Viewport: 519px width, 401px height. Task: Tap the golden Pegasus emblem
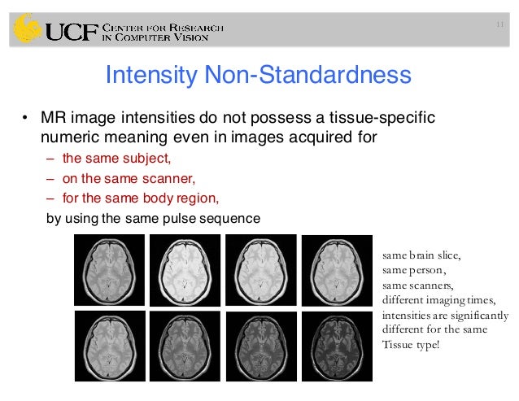point(26,29)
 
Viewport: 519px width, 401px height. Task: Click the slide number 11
point(499,24)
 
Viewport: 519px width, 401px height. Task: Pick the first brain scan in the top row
point(109,269)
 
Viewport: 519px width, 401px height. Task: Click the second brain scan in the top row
point(185,269)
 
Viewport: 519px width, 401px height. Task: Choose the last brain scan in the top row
point(336,269)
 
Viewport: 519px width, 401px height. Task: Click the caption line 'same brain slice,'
point(426,256)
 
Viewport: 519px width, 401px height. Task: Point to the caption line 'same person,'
point(414,271)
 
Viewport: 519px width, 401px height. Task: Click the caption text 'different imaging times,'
point(434,300)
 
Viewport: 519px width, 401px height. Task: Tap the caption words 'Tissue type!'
point(411,344)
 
